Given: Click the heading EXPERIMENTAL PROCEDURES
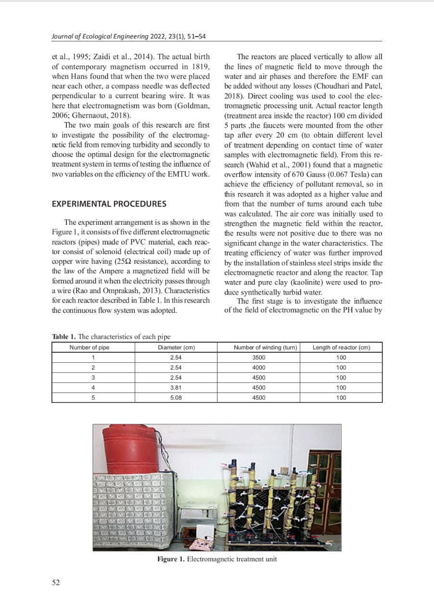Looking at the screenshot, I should point(109,204).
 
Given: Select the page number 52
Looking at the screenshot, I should point(56,582).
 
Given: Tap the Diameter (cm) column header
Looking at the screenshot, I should point(176,347).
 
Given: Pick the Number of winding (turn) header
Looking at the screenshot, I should point(259,347).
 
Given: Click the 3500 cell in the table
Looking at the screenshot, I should point(259,358).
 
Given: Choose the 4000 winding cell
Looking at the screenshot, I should point(259,368).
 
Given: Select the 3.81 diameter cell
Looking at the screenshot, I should point(176,387).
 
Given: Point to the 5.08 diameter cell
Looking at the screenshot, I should point(176,398).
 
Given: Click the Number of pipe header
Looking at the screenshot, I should point(89,347).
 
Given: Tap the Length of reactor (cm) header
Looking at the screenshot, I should point(341,347).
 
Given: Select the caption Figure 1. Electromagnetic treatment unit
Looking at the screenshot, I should point(217,559).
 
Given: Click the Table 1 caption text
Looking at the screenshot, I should point(111,336).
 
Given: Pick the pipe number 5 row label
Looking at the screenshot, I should point(92,398).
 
